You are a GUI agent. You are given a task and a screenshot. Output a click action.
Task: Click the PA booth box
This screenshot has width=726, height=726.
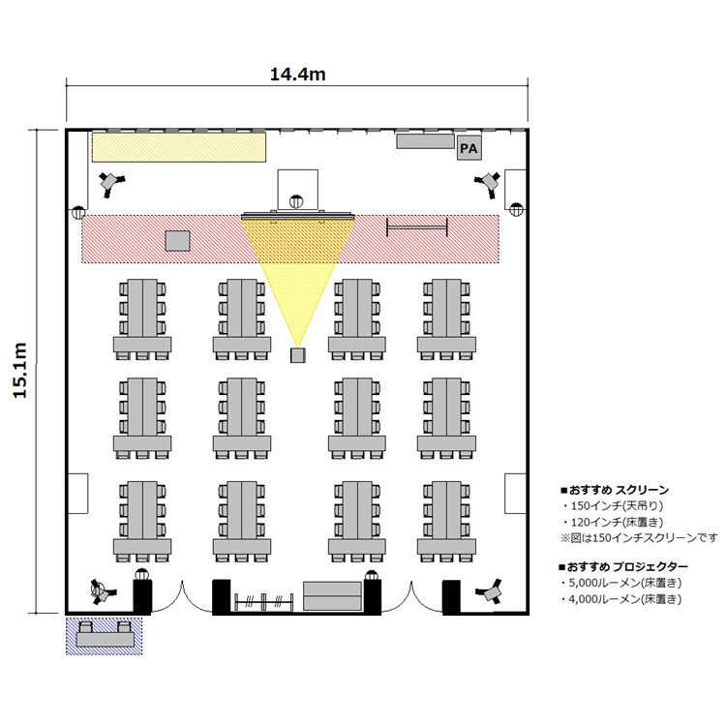(469, 148)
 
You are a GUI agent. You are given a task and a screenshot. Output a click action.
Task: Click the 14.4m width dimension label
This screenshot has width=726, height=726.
(298, 75)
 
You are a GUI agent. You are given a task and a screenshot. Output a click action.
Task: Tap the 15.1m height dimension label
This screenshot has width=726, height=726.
(20, 370)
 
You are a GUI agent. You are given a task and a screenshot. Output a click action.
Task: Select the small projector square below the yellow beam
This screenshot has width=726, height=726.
(298, 355)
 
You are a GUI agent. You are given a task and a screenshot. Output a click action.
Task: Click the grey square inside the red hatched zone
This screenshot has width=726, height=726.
(178, 241)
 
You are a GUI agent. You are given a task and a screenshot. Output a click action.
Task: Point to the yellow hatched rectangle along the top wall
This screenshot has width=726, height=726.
(179, 147)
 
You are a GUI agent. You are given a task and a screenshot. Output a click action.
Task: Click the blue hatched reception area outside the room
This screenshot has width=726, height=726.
(104, 636)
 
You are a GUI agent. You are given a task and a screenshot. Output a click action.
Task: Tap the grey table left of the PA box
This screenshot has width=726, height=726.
(425, 141)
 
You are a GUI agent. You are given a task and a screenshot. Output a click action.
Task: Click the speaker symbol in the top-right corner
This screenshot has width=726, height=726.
(488, 183)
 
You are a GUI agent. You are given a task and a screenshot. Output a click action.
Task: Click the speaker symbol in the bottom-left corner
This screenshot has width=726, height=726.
(101, 591)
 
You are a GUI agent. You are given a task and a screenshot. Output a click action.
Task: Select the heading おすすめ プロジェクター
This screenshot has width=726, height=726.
(624, 566)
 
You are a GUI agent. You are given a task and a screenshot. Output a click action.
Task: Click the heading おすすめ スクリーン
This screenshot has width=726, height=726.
(615, 490)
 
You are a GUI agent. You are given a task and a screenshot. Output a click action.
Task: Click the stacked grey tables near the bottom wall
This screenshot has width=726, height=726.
(332, 596)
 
